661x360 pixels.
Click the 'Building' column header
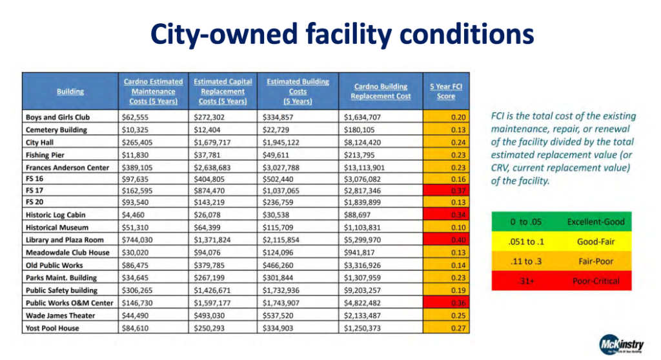pos(70,92)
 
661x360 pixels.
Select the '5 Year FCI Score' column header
pos(446,91)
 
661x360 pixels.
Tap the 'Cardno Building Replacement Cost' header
pos(380,91)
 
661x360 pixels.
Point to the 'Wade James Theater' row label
pos(60,315)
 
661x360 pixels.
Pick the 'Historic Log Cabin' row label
pos(56,215)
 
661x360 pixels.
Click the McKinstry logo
pos(618,342)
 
